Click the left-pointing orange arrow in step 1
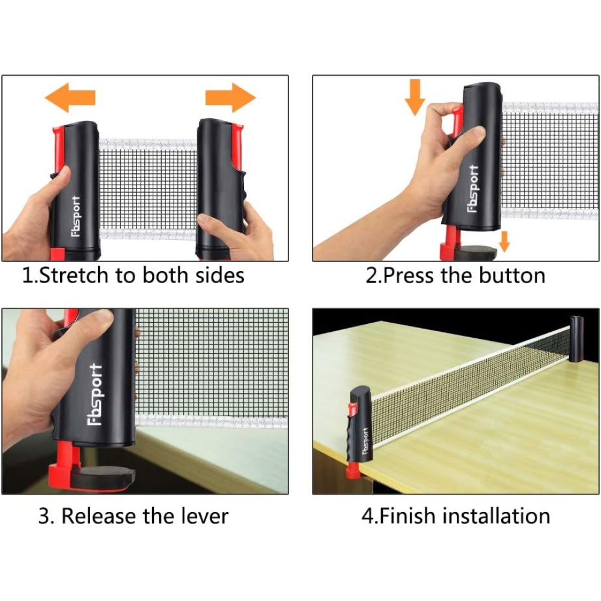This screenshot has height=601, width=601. tap(70, 97)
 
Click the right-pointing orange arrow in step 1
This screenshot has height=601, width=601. tap(230, 97)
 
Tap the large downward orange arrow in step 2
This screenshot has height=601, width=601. tap(415, 97)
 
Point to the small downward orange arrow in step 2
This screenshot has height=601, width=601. tap(505, 242)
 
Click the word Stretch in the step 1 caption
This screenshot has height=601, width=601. tap(73, 276)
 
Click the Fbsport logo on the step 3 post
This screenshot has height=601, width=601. tap(95, 395)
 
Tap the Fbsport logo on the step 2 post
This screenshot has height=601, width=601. tap(474, 189)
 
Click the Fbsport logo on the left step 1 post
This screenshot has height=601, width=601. tap(76, 216)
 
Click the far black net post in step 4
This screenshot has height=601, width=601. tap(576, 340)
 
